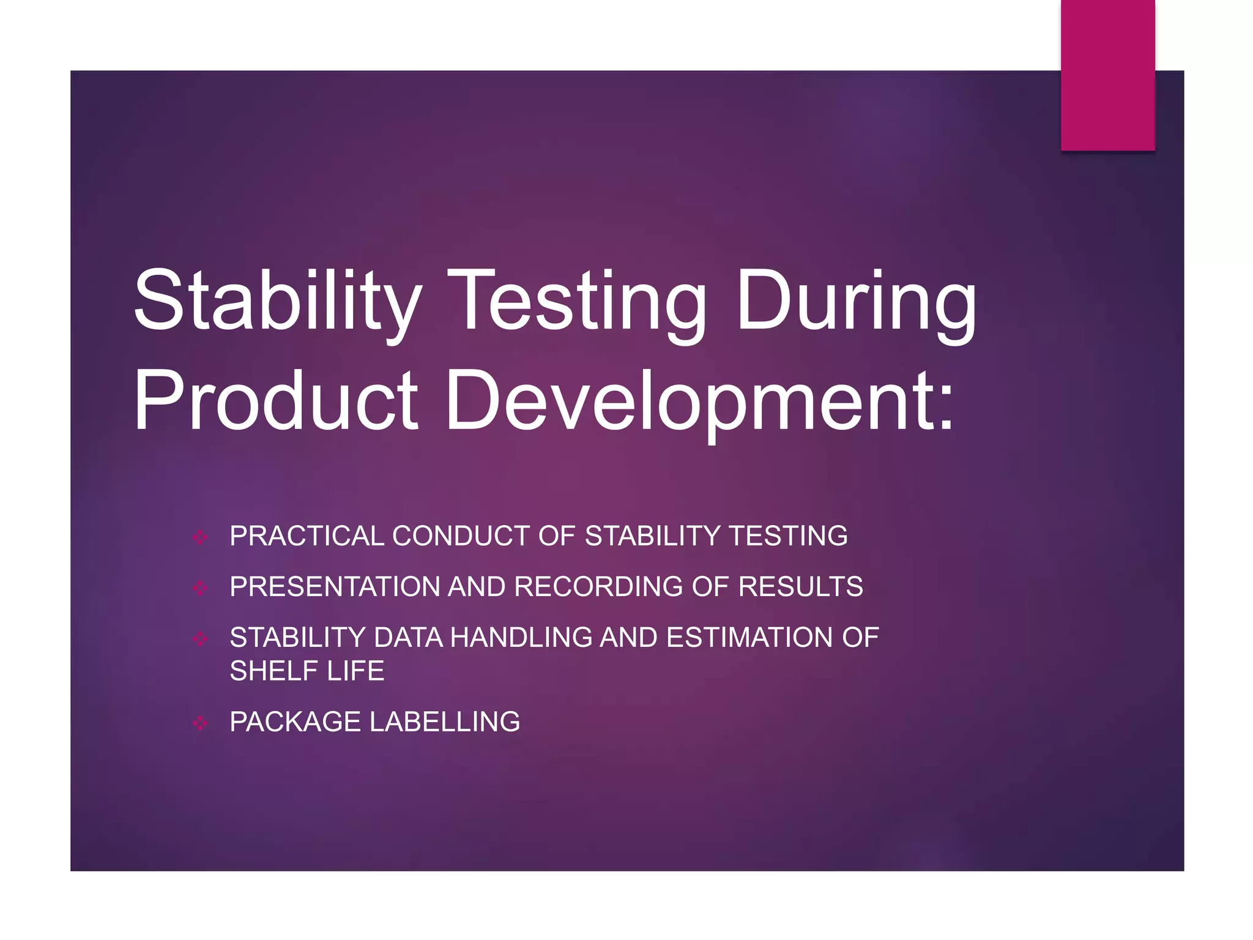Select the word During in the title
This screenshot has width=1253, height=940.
pyautogui.click(x=856, y=303)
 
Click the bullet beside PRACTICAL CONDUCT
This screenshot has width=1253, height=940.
pyautogui.click(x=200, y=537)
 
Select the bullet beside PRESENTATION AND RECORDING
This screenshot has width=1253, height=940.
pyautogui.click(x=200, y=588)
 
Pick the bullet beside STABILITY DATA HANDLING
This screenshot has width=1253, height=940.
pyautogui.click(x=200, y=639)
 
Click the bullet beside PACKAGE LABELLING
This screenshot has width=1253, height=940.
pyautogui.click(x=200, y=723)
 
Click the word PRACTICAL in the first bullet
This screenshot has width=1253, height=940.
pyautogui.click(x=307, y=536)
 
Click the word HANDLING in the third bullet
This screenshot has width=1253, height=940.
pyautogui.click(x=521, y=638)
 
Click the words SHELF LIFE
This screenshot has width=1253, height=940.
pyautogui.click(x=307, y=671)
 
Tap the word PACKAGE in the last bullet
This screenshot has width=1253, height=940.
pyautogui.click(x=295, y=722)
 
